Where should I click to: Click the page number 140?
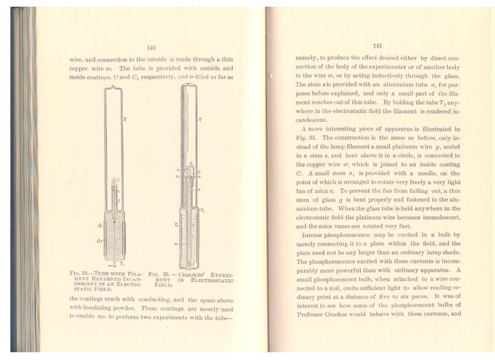[x=151, y=47]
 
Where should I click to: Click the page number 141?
[x=378, y=46]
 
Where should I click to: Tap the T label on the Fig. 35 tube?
[x=201, y=118]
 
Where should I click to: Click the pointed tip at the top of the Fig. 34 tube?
[x=113, y=87]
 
